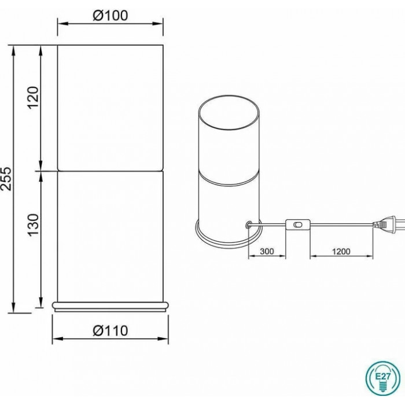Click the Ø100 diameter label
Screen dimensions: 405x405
111,16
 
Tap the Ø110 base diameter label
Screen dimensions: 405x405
111,330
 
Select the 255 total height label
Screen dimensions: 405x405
6,179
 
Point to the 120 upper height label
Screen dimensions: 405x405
33,98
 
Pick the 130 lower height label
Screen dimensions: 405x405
33,224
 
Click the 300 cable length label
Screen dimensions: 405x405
267,251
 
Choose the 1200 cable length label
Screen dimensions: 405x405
341,251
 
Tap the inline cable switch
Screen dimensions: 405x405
297,224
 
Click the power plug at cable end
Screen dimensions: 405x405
388,224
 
